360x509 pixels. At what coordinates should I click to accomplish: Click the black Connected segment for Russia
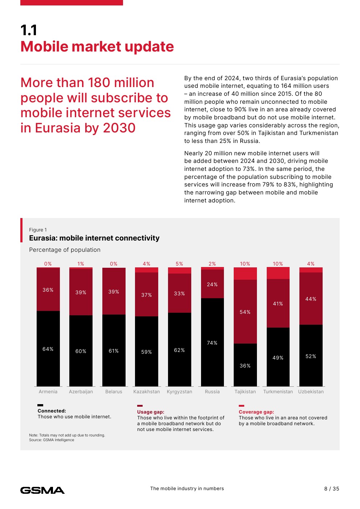tap(212, 359)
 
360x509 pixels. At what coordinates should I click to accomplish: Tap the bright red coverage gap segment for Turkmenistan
tap(278, 273)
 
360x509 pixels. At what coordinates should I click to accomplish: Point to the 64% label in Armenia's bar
tap(48, 349)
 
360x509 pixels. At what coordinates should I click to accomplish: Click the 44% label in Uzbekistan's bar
tap(311, 299)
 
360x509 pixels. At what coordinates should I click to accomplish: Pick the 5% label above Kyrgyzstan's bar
tap(179, 264)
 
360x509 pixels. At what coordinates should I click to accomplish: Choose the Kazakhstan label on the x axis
tap(147, 392)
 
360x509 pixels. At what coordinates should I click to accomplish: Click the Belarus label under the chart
tap(114, 392)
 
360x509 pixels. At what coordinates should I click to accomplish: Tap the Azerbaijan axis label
tap(81, 392)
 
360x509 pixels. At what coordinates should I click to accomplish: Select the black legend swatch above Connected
tap(40, 405)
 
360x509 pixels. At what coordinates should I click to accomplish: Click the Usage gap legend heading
tap(151, 412)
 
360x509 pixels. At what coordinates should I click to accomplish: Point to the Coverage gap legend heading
tap(256, 412)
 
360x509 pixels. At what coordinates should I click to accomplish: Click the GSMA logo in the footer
tap(42, 490)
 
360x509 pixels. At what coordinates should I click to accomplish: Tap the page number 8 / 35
tap(332, 489)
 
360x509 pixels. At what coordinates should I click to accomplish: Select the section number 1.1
tap(29, 30)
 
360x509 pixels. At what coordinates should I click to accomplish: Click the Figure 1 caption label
tap(38, 230)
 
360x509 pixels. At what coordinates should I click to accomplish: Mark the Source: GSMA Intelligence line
tap(52, 440)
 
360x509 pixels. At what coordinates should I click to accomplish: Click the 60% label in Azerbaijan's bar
tap(81, 351)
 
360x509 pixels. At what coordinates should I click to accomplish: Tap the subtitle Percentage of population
tap(65, 250)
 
